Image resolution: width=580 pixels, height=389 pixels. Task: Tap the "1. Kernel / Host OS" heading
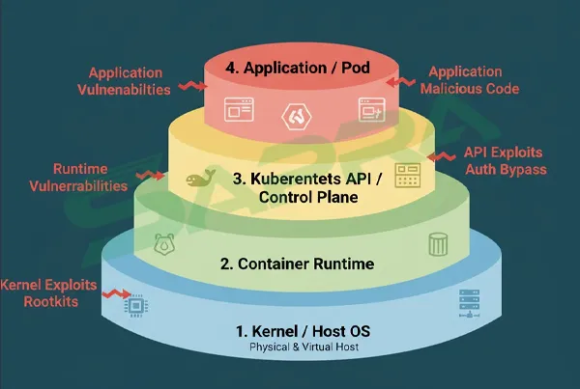click(303, 331)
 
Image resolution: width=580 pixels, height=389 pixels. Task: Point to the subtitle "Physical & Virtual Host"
click(303, 347)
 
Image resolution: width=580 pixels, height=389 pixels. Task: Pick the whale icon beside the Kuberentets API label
click(201, 180)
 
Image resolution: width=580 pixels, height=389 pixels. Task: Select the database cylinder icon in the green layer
click(437, 244)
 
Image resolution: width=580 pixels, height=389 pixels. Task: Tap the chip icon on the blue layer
click(136, 306)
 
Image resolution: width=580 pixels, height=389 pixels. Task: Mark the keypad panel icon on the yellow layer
click(408, 176)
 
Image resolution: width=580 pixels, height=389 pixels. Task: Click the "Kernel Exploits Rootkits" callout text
click(50, 293)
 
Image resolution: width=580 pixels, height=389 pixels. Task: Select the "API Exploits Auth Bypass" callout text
click(504, 161)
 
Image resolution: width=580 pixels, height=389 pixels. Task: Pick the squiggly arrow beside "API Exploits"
click(441, 154)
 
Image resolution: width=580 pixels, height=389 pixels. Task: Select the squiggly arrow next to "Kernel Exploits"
click(118, 292)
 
